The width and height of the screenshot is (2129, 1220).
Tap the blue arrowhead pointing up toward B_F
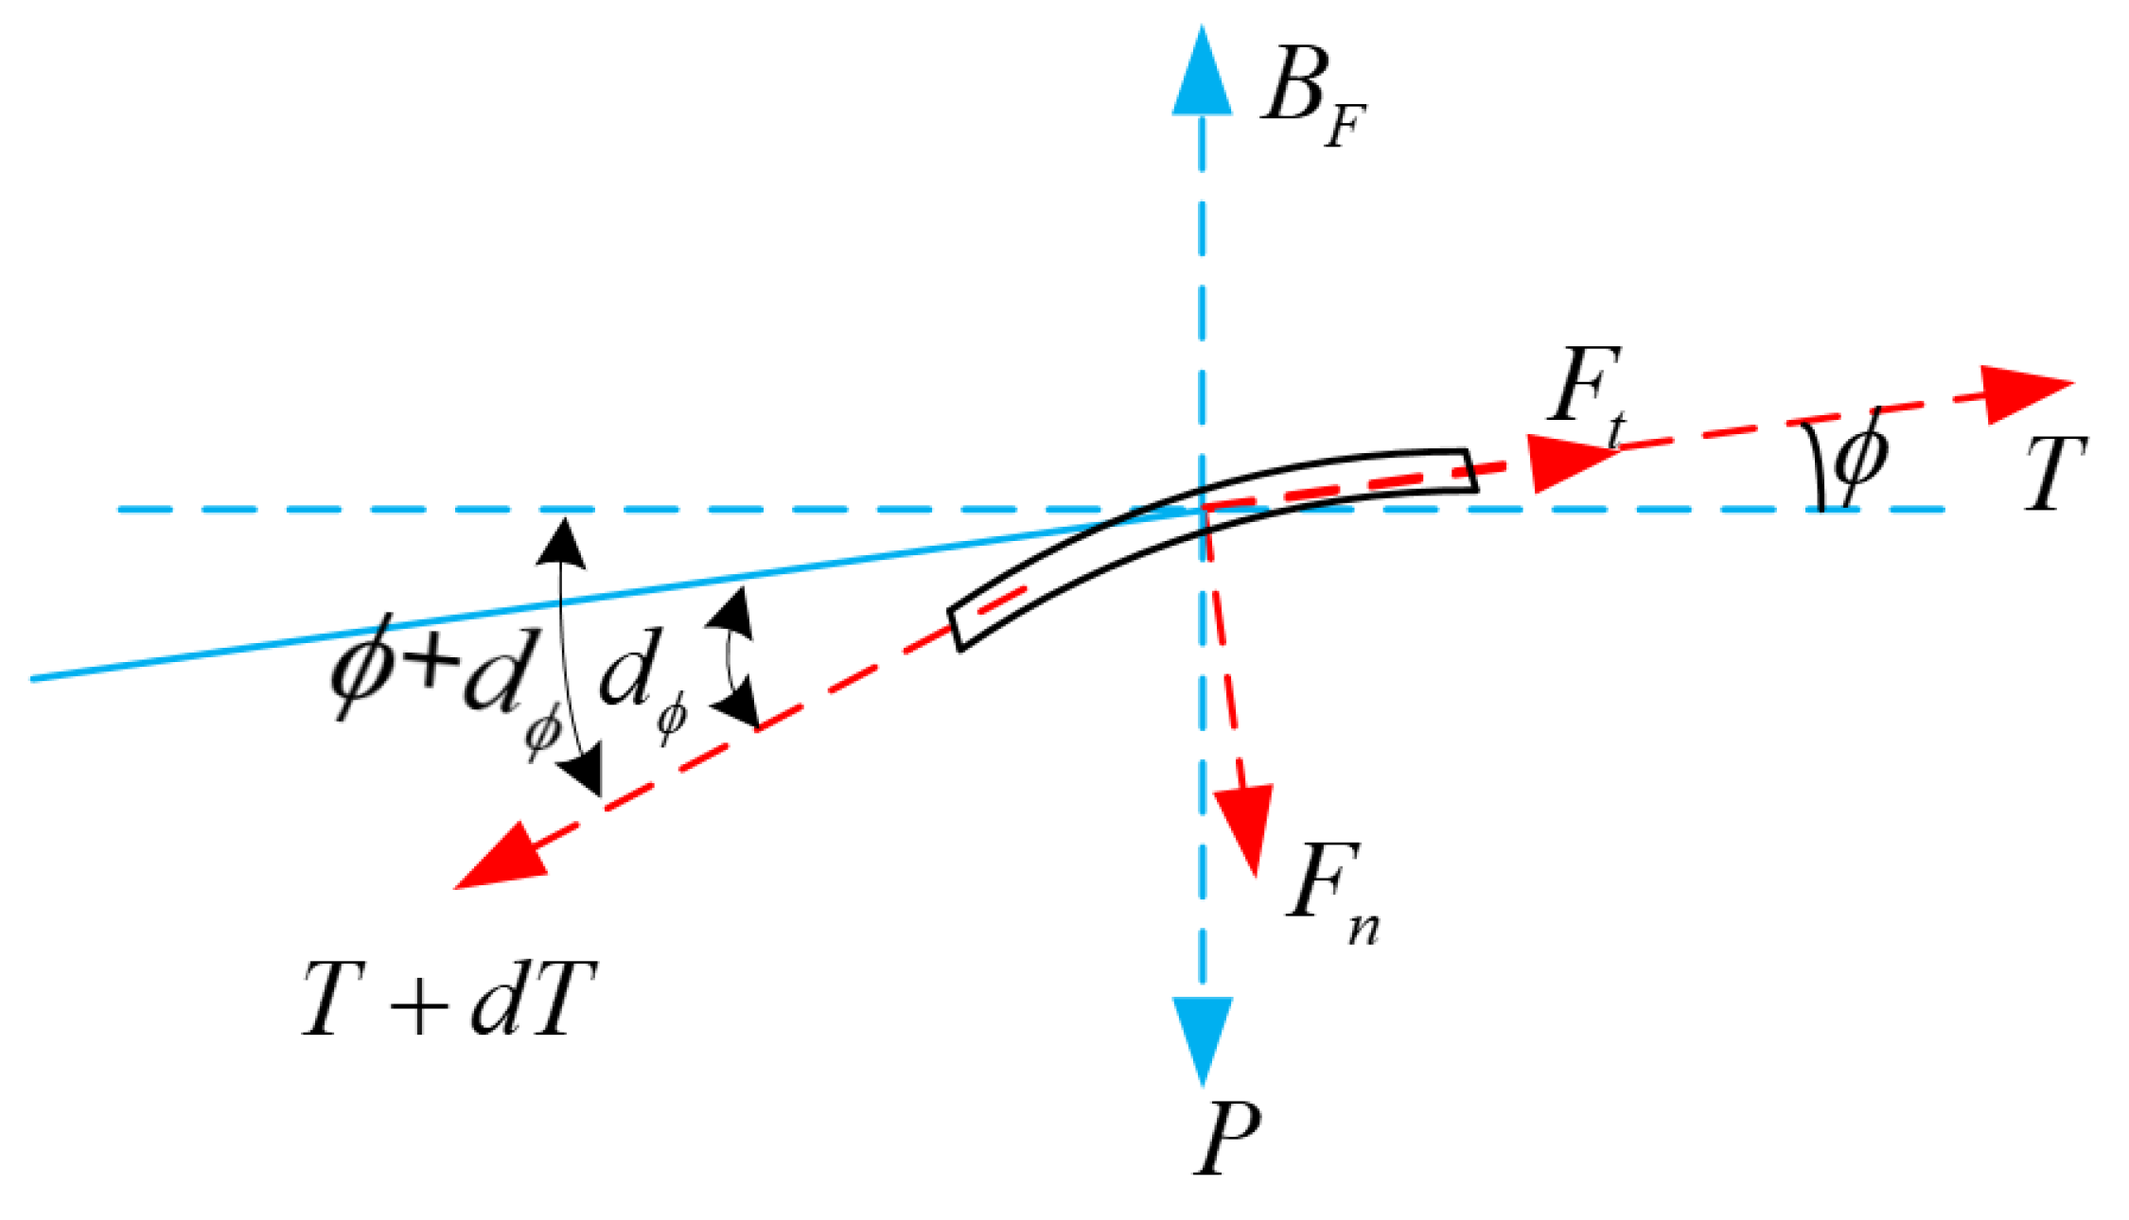point(1202,76)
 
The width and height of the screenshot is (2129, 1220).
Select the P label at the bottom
point(1226,1140)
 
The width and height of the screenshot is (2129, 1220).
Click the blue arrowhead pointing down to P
point(1202,1036)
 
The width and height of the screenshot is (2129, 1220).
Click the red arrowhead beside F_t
point(1566,462)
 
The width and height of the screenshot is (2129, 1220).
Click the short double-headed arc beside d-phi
point(731,657)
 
